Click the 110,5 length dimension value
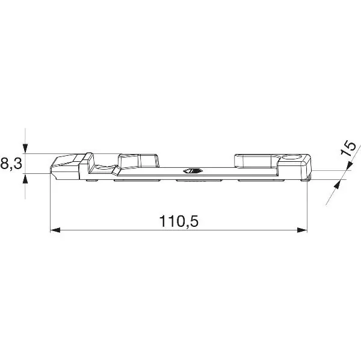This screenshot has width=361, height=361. click(179, 221)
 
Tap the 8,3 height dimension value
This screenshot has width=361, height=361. click(11, 164)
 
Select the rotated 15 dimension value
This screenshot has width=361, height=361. click(348, 149)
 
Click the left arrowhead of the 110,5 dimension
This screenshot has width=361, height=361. click(55, 230)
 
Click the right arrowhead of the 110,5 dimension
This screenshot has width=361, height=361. click(302, 230)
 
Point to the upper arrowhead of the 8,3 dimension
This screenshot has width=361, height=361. click(25, 149)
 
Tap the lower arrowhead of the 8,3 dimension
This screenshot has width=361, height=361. click(25, 178)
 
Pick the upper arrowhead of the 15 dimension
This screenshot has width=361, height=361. click(350, 166)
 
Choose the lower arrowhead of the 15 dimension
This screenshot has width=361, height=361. click(338, 185)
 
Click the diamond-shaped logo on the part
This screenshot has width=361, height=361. click(193, 171)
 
